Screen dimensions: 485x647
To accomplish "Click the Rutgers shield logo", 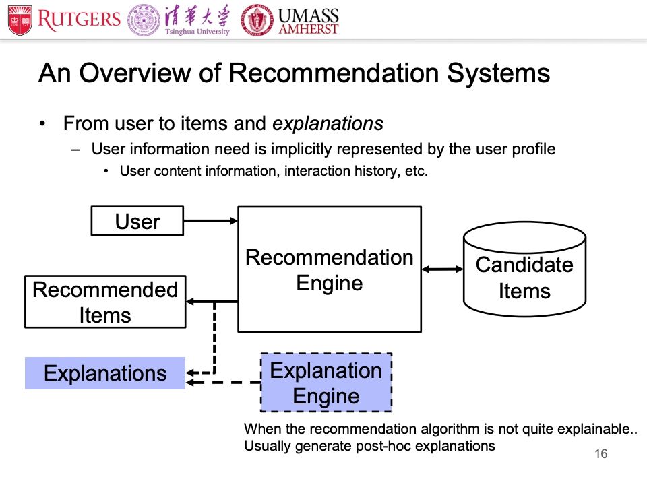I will click(x=20, y=20).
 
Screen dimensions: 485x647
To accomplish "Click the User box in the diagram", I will click(x=137, y=221).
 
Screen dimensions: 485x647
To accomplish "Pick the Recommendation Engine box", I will click(x=330, y=269).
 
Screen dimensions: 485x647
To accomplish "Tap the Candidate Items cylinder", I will click(x=524, y=269).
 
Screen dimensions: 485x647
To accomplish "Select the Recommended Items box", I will click(x=105, y=302).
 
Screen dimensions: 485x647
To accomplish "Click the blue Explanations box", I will click(x=105, y=373).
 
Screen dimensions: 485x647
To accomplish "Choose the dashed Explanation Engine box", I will click(x=326, y=383).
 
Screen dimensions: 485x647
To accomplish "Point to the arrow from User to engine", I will click(x=210, y=220).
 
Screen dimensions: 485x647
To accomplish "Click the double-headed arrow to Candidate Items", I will click(x=443, y=269).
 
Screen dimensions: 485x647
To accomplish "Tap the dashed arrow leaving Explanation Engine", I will click(x=224, y=383).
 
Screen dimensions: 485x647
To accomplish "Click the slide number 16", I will click(x=601, y=454).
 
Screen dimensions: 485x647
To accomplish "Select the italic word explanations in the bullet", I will click(x=328, y=124).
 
